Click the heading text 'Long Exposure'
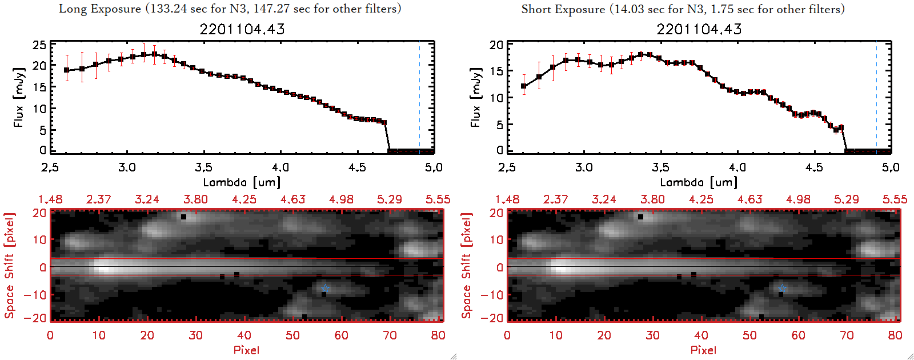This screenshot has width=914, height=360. [100, 9]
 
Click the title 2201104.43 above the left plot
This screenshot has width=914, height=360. [242, 29]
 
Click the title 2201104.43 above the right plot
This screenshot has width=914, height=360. [699, 29]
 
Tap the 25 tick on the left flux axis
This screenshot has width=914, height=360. [39, 45]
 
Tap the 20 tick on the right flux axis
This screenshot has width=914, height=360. [496, 45]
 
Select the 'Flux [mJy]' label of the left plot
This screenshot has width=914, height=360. [19, 97]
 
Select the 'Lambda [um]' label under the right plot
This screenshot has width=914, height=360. [699, 182]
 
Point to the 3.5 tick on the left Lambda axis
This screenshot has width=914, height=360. [203, 167]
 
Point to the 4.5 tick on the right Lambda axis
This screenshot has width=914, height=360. [814, 167]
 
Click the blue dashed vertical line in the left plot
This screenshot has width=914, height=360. [419, 97]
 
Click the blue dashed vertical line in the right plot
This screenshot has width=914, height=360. [876, 97]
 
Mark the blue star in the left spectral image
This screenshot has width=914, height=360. [325, 288]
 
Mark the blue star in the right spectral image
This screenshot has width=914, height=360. [782, 288]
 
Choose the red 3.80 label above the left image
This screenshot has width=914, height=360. [195, 199]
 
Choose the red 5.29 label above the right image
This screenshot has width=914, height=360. [847, 199]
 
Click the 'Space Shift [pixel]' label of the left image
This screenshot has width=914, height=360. [10, 266]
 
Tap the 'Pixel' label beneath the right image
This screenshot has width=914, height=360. [703, 350]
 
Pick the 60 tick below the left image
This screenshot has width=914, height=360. [341, 335]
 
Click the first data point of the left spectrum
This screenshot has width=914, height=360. [67, 70]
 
